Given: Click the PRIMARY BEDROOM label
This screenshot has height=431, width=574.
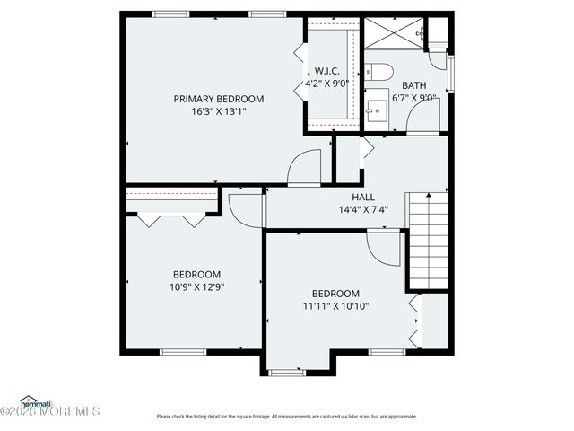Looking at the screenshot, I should click(x=218, y=99).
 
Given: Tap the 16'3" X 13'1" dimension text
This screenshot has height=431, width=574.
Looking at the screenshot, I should click(x=218, y=112).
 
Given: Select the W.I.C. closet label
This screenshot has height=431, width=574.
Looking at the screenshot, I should click(x=326, y=71).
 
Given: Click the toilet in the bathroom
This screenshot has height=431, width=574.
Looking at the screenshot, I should click(x=379, y=71).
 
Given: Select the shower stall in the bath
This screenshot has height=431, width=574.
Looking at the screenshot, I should click(x=393, y=33).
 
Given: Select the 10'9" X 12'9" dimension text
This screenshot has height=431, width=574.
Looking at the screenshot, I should click(x=196, y=287).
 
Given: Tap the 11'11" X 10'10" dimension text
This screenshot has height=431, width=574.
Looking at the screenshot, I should click(x=335, y=306).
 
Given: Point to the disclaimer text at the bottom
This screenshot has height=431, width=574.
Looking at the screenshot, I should click(x=287, y=416).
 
